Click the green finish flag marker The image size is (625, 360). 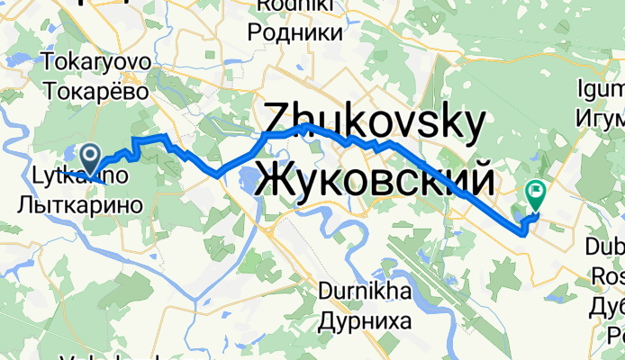pos(536,192)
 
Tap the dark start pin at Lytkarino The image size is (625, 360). pos(92,157)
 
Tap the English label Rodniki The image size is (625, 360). pos(299,7)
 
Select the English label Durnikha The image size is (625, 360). pos(367,292)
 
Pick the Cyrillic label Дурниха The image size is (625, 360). pos(367,320)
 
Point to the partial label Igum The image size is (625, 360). pos(601,92)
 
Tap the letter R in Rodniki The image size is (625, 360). pos(263,7)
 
